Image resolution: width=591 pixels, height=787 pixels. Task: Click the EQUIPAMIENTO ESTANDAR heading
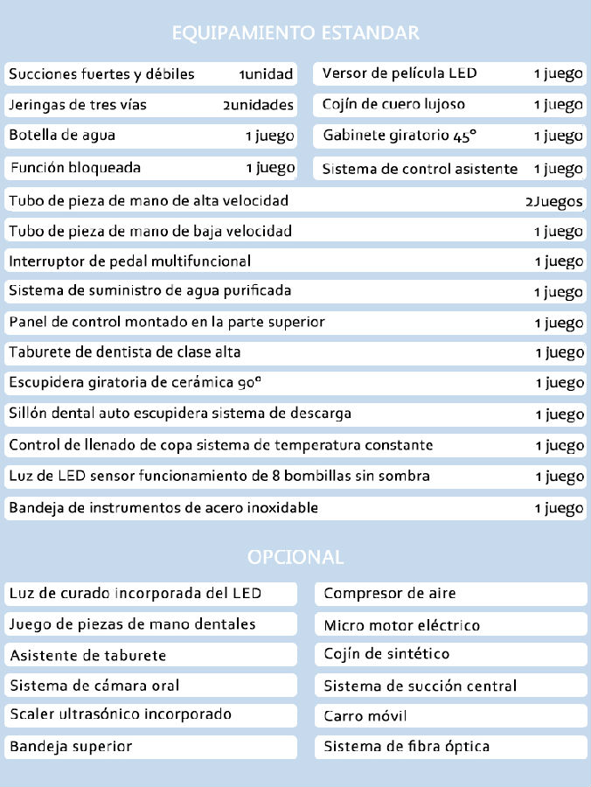tap(295, 33)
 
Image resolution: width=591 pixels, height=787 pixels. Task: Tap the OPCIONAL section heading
tap(295, 557)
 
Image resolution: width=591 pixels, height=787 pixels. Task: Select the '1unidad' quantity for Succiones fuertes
tap(266, 74)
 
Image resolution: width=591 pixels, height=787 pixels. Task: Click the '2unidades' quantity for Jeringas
tap(258, 105)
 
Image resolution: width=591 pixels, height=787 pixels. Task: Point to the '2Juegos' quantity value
tap(553, 201)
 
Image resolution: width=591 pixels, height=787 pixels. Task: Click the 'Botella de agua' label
tap(62, 136)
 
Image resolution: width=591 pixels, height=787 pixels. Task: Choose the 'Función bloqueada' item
tap(75, 167)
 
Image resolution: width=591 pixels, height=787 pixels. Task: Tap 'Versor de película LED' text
tap(400, 73)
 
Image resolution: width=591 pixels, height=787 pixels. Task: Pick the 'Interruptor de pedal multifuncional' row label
tap(129, 261)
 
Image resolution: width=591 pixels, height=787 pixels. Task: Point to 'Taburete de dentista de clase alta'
tap(124, 352)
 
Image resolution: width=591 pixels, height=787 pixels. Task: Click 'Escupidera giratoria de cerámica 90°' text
tap(136, 382)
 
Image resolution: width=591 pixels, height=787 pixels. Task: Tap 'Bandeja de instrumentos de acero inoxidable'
tap(163, 507)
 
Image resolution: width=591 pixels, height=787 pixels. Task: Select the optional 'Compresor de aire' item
tap(390, 594)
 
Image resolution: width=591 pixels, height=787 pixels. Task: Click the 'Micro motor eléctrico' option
tap(402, 625)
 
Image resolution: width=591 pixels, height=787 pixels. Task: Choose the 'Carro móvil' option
tap(365, 716)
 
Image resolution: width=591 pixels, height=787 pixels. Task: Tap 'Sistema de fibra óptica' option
tap(407, 747)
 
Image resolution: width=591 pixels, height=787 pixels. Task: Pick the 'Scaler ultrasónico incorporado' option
tap(121, 714)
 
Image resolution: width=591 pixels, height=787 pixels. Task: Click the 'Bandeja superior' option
tap(71, 747)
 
